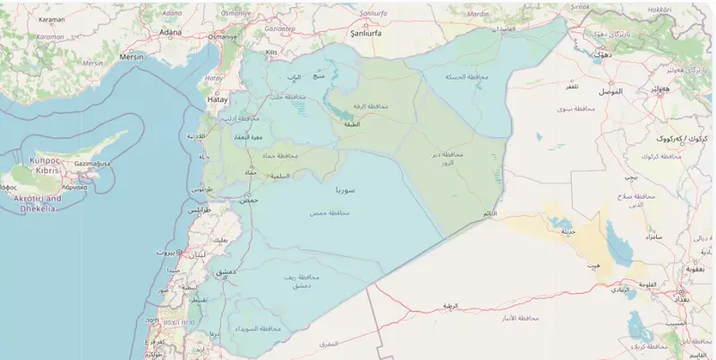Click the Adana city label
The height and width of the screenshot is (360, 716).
tap(170, 32)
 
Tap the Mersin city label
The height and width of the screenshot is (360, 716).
tap(132, 56)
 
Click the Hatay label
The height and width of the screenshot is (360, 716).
tap(217, 100)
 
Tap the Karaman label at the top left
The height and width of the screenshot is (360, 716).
tap(52, 18)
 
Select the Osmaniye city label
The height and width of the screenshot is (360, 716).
tap(222, 38)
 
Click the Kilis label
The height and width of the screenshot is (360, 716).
tap(272, 52)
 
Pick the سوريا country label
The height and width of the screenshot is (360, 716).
tap(345, 191)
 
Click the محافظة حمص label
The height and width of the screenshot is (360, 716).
tap(328, 212)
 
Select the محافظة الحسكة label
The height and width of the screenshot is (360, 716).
tap(467, 78)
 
